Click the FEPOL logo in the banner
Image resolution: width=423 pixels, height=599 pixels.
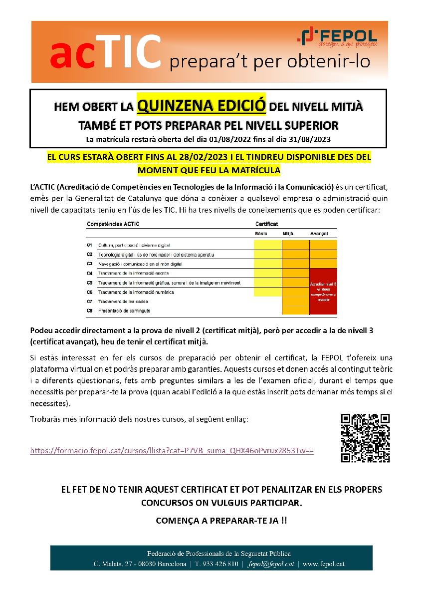pyautogui.click(x=337, y=38)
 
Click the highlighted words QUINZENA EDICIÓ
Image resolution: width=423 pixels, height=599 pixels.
pyautogui.click(x=201, y=106)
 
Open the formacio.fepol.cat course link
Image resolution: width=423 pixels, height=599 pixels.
pyautogui.click(x=172, y=450)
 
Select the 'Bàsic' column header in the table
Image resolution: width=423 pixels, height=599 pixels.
pyautogui.click(x=261, y=234)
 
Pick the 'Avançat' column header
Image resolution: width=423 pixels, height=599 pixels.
pyautogui.click(x=319, y=234)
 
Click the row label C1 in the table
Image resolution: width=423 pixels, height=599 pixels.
pyautogui.click(x=89, y=245)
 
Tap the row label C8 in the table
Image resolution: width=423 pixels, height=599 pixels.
pyautogui.click(x=89, y=310)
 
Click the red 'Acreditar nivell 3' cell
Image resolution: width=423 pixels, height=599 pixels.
pyautogui.click(x=323, y=291)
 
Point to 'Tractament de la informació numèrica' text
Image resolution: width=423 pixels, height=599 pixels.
pyautogui.click(x=136, y=292)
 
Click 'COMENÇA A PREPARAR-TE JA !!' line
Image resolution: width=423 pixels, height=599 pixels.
pyautogui.click(x=221, y=520)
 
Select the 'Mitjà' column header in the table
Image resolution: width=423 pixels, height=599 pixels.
pyautogui.click(x=288, y=234)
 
